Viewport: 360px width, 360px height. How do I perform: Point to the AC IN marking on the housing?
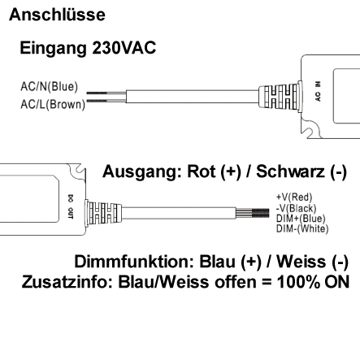[x=318, y=95]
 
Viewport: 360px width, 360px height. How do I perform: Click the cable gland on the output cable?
[x=102, y=214]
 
